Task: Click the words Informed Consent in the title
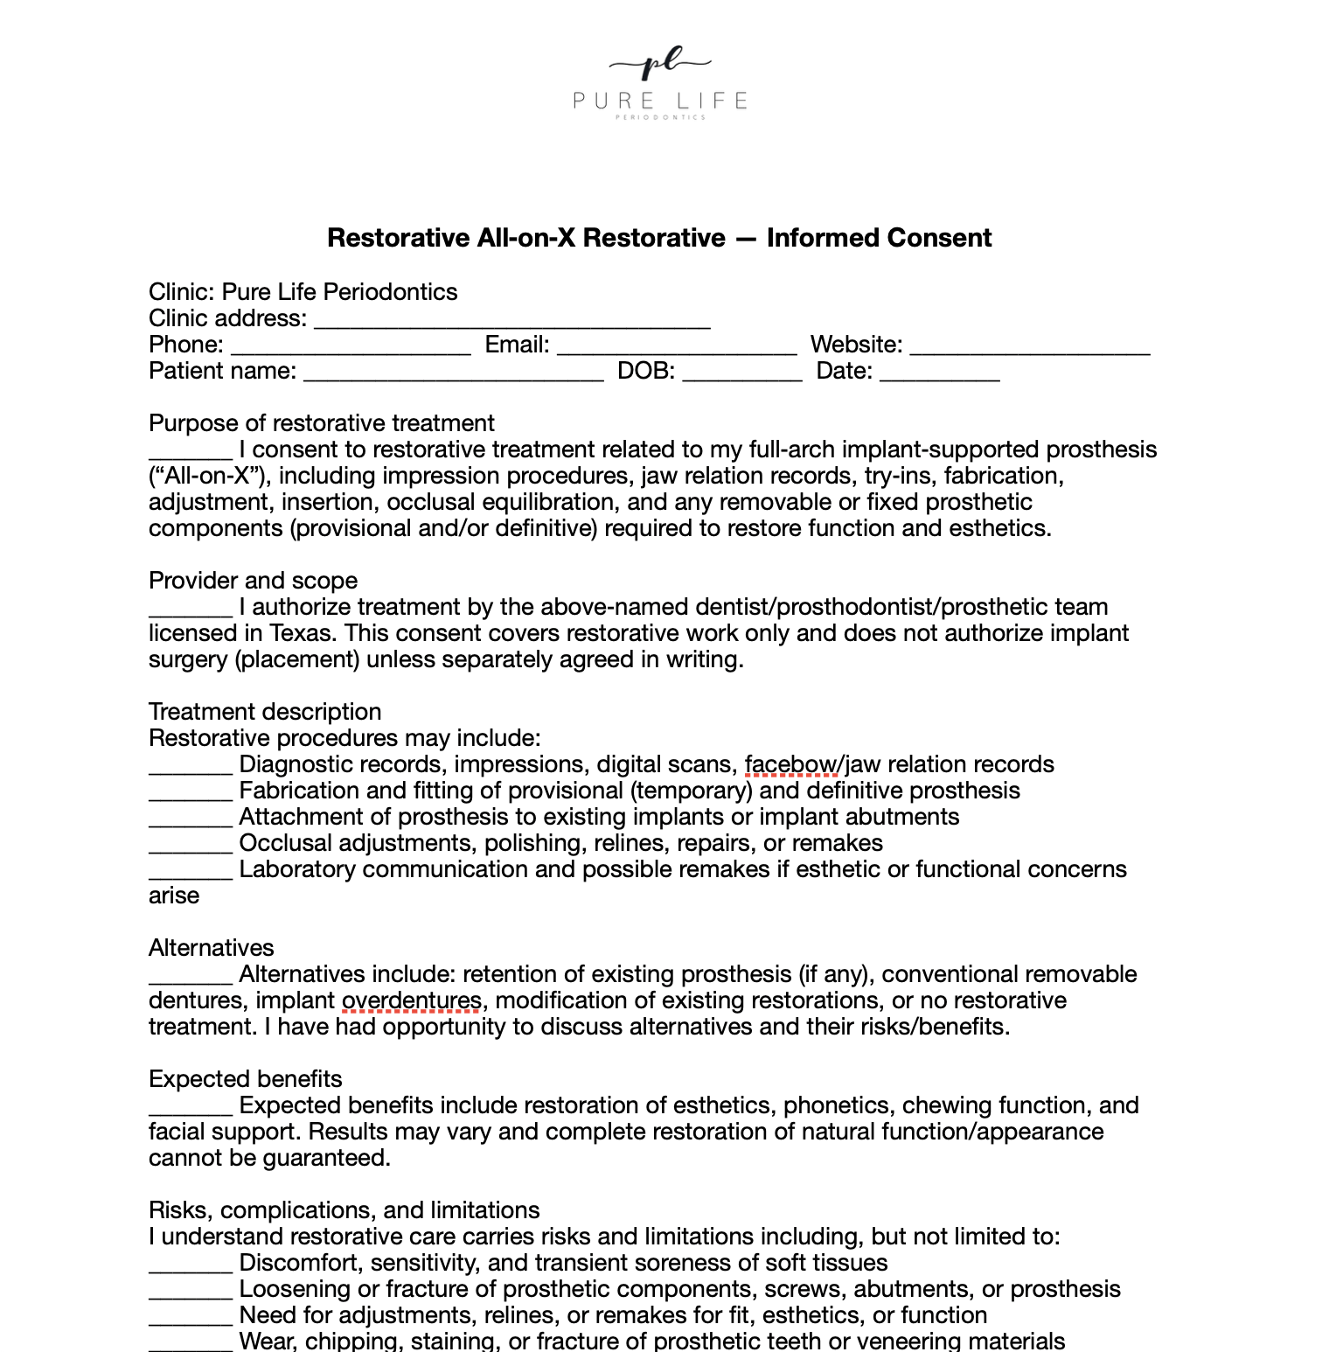879,238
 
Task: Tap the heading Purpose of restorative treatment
322,423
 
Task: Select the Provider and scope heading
253,581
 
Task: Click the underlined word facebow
790,764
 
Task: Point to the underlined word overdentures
411,1000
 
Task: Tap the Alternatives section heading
211,948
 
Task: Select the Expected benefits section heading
245,1079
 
